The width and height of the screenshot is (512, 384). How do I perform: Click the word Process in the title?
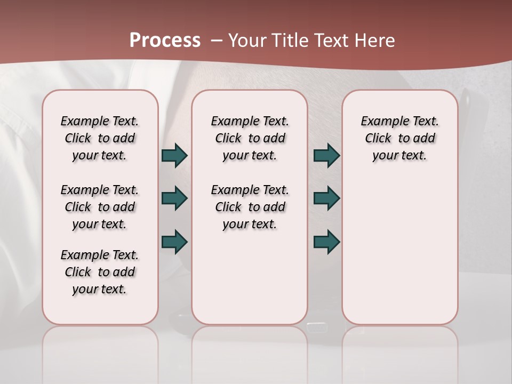[x=165, y=41]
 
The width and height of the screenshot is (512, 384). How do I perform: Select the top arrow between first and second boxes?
[x=174, y=156]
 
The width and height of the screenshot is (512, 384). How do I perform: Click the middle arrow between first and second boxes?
[x=174, y=198]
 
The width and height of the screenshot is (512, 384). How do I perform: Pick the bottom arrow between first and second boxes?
[x=174, y=242]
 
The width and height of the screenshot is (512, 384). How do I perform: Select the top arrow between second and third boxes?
[x=326, y=156]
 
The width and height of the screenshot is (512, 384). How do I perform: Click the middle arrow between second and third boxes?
[x=326, y=198]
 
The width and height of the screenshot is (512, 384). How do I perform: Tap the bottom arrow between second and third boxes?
[x=326, y=242]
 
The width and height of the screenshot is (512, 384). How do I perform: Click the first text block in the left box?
[x=100, y=138]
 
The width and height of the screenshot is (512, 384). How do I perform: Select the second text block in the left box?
[x=100, y=207]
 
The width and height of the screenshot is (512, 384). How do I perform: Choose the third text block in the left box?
[x=100, y=272]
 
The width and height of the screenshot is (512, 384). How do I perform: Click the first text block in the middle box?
[x=250, y=138]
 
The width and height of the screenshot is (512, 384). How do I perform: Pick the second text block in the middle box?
[x=250, y=207]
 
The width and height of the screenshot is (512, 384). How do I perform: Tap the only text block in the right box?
[x=399, y=138]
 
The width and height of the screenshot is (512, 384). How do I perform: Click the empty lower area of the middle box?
[x=250, y=277]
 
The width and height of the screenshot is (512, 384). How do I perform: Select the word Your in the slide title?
[x=247, y=41]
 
